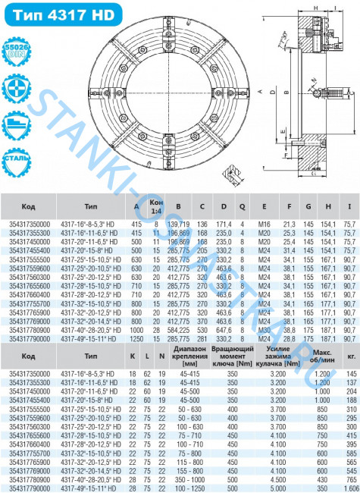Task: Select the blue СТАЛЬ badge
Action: click(x=17, y=162)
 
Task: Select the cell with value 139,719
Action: click(x=179, y=225)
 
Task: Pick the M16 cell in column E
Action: click(x=264, y=225)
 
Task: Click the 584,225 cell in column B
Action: click(x=179, y=331)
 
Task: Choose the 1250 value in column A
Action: click(x=137, y=339)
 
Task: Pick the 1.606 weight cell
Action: click(x=349, y=487)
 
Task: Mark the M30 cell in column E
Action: click(x=264, y=331)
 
